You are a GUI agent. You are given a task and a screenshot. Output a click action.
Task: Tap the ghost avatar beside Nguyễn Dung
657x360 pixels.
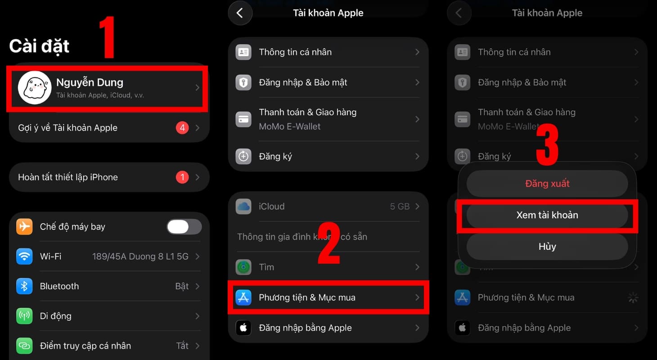[34, 88]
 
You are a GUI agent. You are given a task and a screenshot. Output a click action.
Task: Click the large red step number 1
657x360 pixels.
[107, 38]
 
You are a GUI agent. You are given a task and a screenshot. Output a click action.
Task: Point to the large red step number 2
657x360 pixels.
[329, 243]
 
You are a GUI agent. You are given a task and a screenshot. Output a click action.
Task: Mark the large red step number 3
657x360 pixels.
[547, 144]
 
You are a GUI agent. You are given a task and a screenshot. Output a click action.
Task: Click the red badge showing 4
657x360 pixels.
[182, 128]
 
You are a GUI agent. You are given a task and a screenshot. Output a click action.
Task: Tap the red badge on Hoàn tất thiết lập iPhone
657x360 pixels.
[182, 177]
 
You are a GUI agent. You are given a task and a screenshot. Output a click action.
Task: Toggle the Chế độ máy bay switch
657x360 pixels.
[184, 227]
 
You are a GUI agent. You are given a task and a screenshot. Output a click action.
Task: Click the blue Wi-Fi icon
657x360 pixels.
[24, 256]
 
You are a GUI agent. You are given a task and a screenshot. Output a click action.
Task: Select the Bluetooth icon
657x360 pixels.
[24, 286]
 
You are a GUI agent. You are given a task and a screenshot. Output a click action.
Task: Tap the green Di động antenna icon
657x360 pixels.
[24, 316]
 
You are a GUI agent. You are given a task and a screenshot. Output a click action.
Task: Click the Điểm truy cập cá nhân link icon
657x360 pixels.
[24, 346]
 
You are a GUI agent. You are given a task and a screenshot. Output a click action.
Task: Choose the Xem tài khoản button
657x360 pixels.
[547, 215]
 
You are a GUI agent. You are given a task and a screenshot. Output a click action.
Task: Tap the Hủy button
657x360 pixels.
[547, 247]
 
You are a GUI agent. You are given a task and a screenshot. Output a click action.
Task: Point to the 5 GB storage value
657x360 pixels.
[400, 207]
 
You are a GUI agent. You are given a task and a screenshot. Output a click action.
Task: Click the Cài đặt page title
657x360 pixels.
[39, 46]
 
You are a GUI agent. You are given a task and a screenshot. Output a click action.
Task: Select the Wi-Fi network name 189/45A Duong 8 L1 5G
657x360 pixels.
[140, 256]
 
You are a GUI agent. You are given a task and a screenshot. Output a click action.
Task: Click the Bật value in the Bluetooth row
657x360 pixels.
[182, 286]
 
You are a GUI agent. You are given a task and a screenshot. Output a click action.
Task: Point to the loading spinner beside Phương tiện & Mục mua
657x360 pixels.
[633, 297]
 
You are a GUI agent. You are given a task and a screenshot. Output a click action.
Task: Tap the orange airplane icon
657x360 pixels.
[24, 227]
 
